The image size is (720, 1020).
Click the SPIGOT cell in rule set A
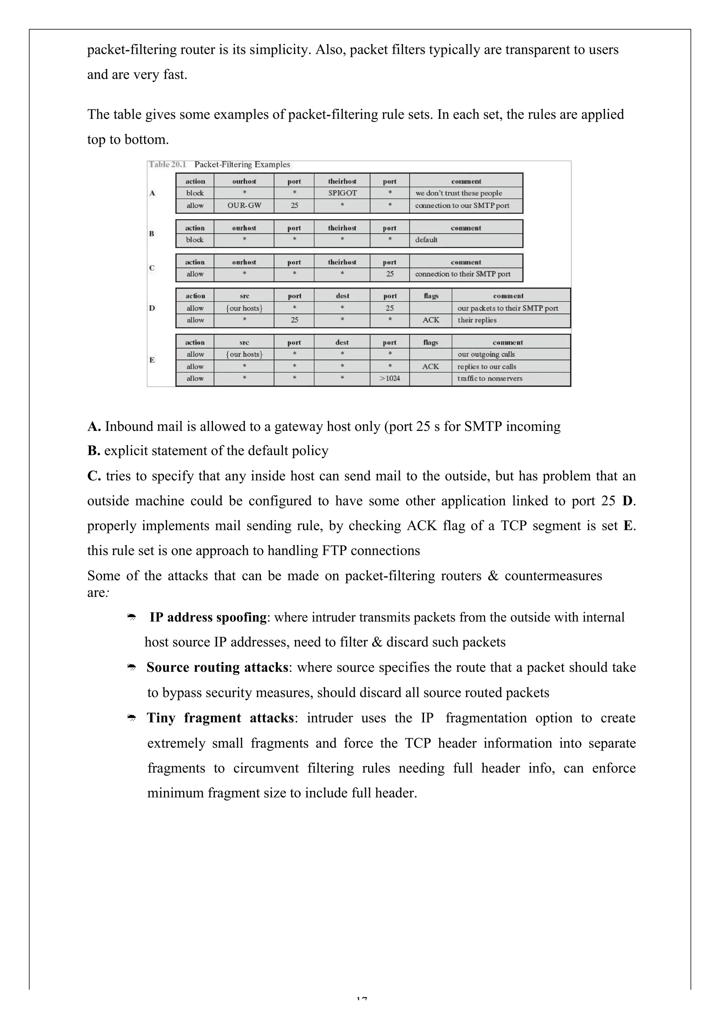(x=342, y=193)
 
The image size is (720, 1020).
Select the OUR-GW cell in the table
(x=244, y=205)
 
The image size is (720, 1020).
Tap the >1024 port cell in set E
(x=390, y=378)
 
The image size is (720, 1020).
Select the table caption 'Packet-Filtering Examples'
(x=242, y=164)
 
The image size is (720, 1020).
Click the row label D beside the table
(x=152, y=308)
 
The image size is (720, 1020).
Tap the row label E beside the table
(x=152, y=360)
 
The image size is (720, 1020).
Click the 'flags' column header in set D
(x=430, y=296)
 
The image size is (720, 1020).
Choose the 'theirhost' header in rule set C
(x=342, y=262)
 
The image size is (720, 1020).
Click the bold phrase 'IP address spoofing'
(x=208, y=618)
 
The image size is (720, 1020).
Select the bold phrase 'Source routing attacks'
(x=217, y=667)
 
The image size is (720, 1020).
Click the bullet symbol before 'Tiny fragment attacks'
(x=131, y=718)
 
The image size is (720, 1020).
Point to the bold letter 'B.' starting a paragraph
(x=94, y=451)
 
